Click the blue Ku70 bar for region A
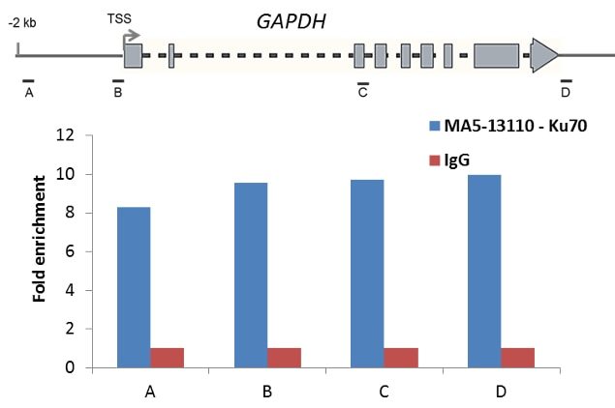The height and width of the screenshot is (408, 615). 134,287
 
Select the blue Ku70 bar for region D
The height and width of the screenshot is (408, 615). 483,271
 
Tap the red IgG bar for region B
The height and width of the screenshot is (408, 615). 284,357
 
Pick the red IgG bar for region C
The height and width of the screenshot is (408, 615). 401,357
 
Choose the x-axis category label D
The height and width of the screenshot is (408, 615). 501,392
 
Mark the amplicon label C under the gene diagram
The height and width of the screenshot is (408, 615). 362,93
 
